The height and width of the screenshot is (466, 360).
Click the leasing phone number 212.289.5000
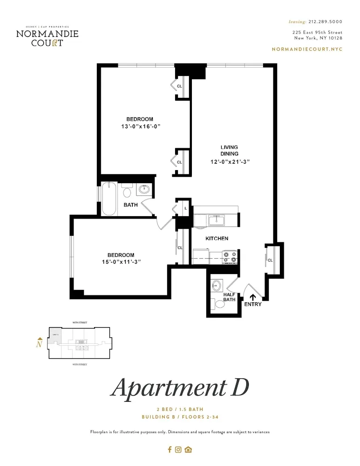[x=325, y=21]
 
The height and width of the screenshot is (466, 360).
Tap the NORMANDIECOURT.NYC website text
[x=307, y=49]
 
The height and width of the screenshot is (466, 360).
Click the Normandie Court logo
[x=47, y=37]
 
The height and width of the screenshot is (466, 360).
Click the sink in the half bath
[x=217, y=285]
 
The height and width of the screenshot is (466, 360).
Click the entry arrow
[x=253, y=296]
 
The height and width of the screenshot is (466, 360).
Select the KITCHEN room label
[x=217, y=239]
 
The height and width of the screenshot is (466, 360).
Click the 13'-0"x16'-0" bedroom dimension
[x=141, y=126]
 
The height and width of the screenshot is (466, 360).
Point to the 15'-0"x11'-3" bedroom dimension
[x=121, y=262]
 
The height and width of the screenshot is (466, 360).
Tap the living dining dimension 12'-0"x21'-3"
[x=230, y=162]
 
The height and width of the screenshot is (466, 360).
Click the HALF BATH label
[x=230, y=297]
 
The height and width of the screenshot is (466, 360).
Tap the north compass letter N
[x=40, y=345]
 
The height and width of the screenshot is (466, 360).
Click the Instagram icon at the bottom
[x=178, y=450]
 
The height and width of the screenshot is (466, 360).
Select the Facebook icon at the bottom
[x=170, y=450]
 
